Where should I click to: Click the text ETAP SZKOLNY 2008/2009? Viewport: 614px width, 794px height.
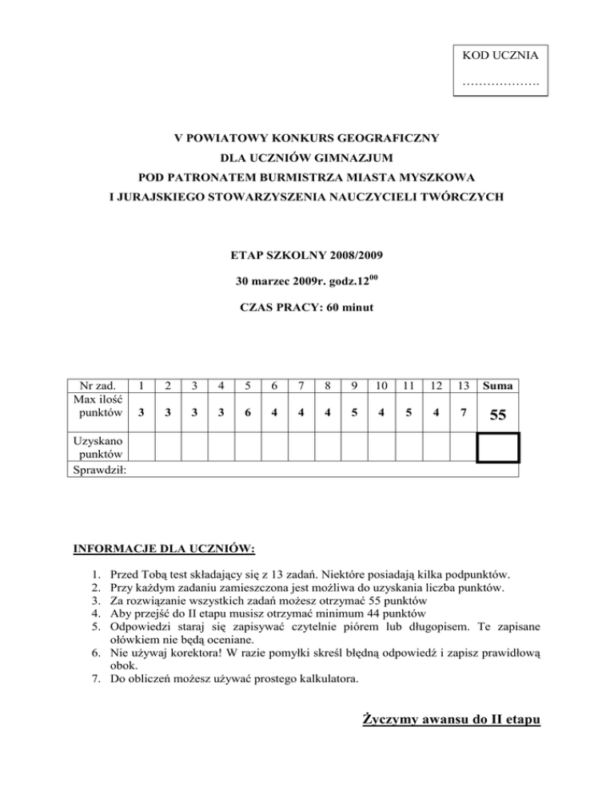(307, 257)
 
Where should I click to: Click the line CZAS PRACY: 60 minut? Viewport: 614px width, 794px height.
(307, 307)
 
